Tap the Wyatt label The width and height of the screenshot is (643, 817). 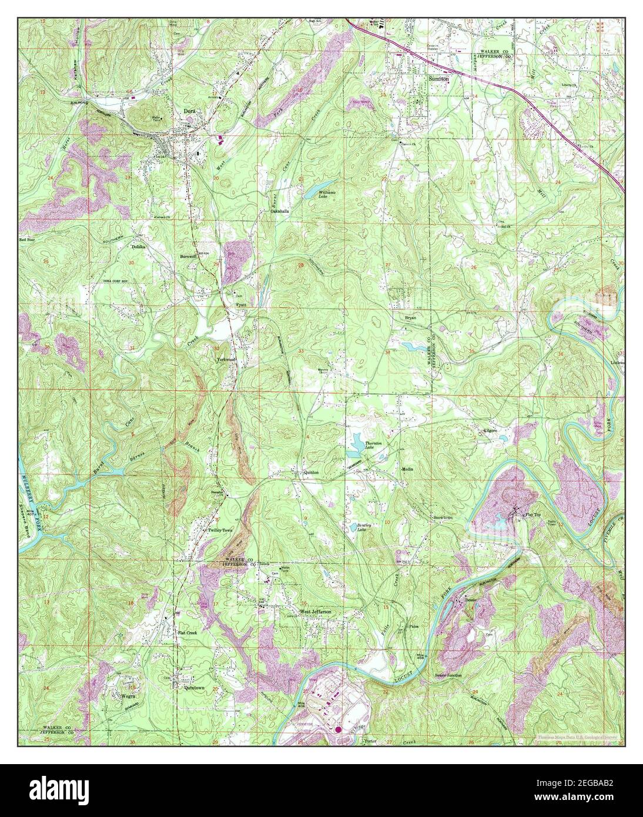[241, 305]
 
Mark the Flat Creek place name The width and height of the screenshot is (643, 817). [187, 633]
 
